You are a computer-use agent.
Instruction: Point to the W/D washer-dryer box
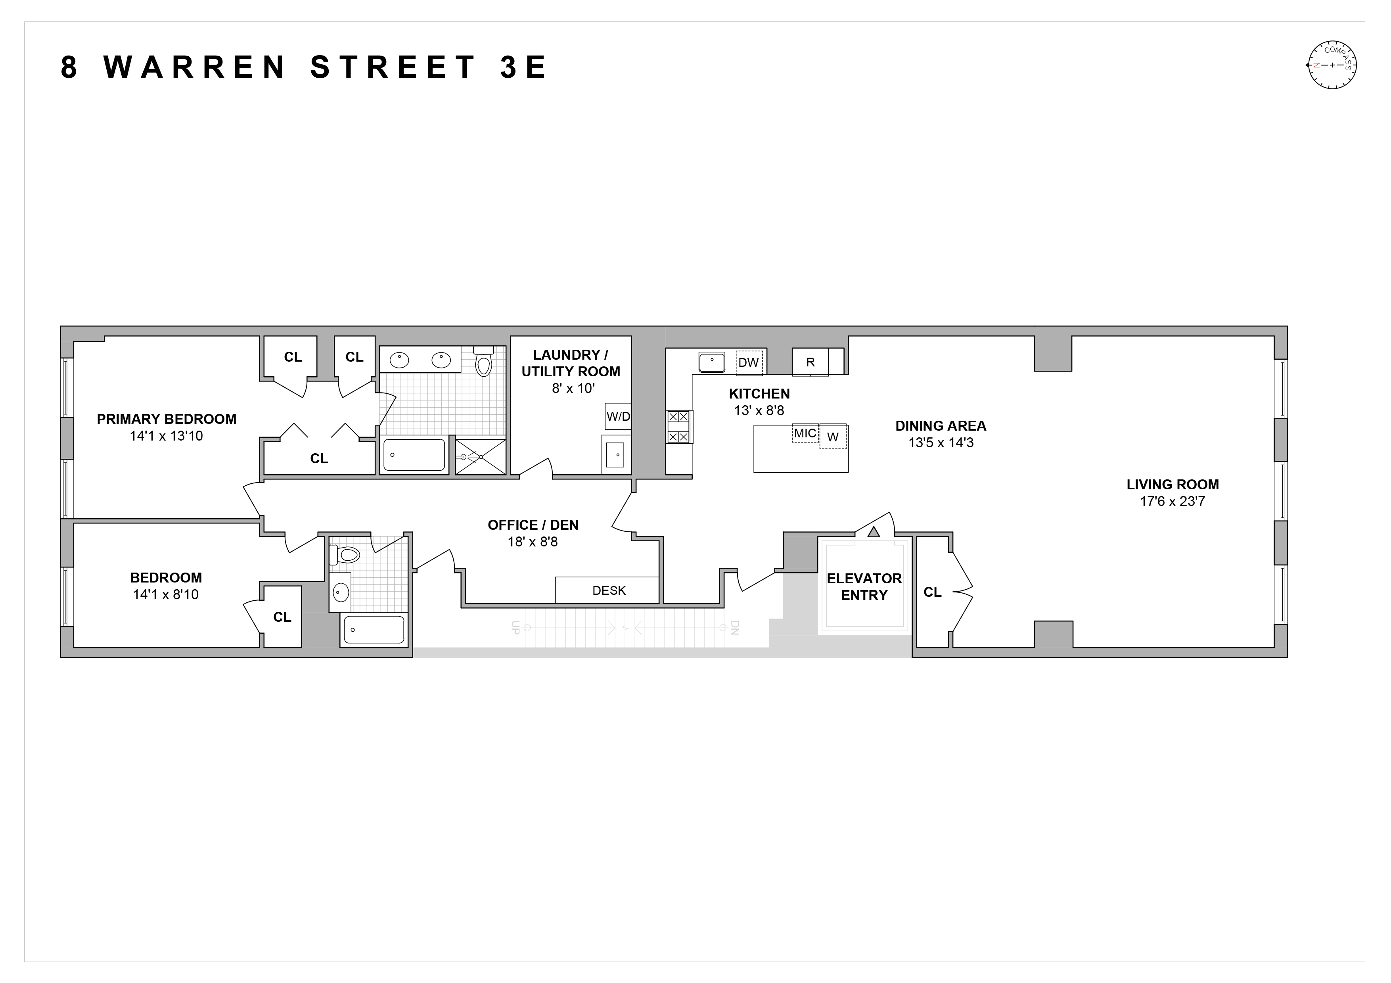[618, 416]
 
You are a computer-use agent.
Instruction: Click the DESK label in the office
[609, 590]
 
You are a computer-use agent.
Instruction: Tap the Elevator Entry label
[864, 586]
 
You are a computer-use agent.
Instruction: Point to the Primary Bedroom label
[167, 419]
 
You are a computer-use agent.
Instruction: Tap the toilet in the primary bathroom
[483, 362]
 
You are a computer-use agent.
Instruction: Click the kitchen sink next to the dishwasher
[712, 362]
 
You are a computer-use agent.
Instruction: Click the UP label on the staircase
[515, 627]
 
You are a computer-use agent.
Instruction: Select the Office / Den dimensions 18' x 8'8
[533, 542]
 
